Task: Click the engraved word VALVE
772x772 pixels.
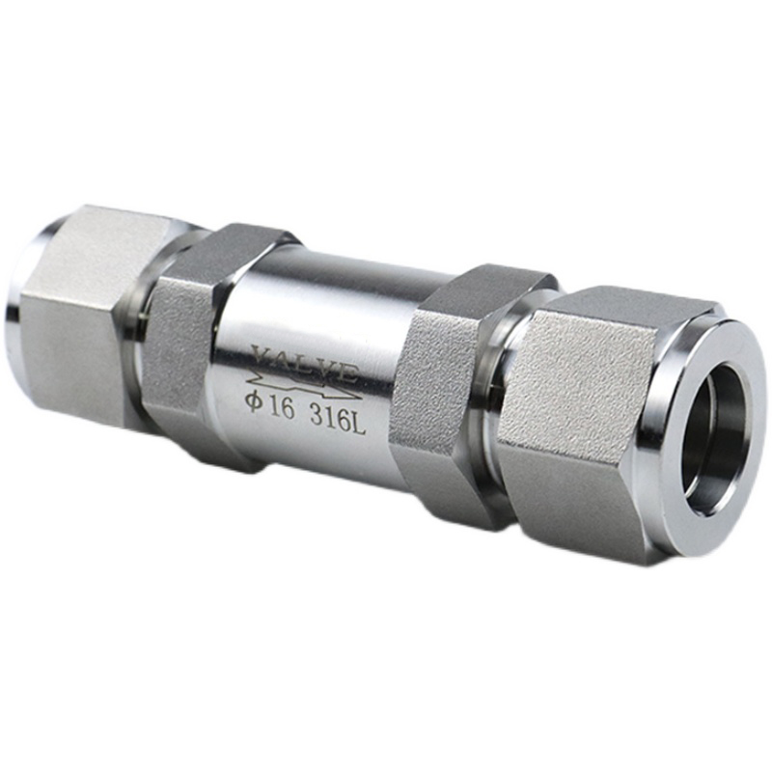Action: pos(304,365)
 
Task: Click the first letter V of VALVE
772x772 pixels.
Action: pos(261,353)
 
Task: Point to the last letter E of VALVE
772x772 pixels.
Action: pos(349,374)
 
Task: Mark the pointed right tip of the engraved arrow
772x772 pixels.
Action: pos(363,397)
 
